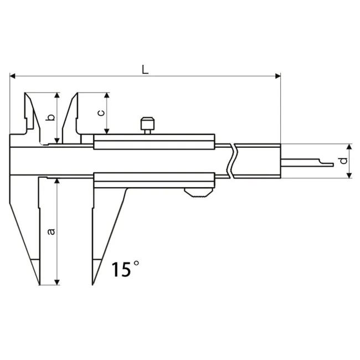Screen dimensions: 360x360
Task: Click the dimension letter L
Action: pos(145,69)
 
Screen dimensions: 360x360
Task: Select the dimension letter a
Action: pos(51,231)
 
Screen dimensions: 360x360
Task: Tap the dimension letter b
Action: pos(50,117)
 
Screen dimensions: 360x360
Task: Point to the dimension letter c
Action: pos(100,113)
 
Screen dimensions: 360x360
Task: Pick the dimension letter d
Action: pos(343,161)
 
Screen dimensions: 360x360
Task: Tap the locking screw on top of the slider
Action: pos(147,124)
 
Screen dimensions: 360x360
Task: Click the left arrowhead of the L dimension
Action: pos(12,76)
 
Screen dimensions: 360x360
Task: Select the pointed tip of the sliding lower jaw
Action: pos(93,284)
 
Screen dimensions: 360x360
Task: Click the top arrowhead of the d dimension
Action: pos(349,146)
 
